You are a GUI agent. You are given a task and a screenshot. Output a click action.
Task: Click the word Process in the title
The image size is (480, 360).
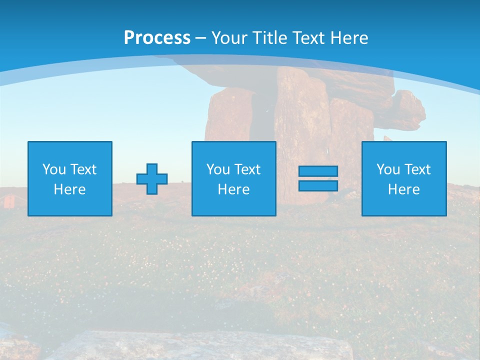click(x=157, y=38)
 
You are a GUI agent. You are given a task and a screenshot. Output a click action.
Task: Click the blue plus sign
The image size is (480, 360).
click(x=152, y=178)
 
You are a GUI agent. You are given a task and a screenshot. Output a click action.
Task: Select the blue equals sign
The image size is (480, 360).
click(x=318, y=178)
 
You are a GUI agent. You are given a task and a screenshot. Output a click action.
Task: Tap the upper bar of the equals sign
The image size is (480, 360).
click(x=318, y=171)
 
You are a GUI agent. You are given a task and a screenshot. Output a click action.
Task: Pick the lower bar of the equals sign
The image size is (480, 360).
click(x=318, y=186)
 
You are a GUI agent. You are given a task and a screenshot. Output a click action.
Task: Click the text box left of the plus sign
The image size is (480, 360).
click(x=69, y=178)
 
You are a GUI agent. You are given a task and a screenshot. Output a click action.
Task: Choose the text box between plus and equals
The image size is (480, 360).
click(x=233, y=178)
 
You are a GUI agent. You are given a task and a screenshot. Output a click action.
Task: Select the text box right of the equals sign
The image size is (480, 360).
click(x=404, y=178)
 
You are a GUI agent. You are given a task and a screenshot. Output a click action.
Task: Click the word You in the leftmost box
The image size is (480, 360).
click(x=54, y=169)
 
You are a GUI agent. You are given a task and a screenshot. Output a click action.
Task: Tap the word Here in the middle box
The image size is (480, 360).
click(x=233, y=189)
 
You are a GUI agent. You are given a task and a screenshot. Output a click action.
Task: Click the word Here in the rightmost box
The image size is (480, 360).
click(x=404, y=189)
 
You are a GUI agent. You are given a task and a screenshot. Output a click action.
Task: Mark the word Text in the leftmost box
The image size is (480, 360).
click(x=83, y=169)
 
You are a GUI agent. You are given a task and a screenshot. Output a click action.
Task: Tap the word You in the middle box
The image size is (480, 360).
click(x=218, y=169)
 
